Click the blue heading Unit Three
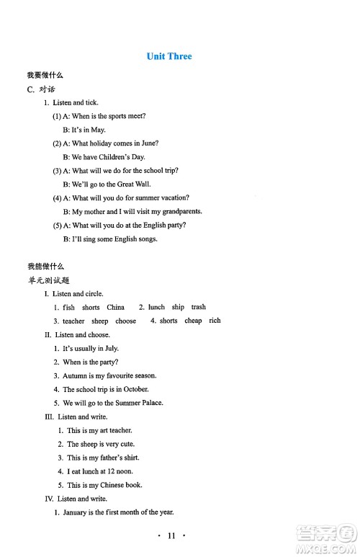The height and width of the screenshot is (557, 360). point(169,56)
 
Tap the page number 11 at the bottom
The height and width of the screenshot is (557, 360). point(171,535)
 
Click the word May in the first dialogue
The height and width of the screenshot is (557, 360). point(99,130)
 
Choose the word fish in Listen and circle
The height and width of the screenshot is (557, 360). point(69,308)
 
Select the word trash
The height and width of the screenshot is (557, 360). point(199,307)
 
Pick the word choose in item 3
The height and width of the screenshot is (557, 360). point(125,321)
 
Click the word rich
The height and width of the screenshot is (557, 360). point(215,321)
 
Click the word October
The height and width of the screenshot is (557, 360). point(135,389)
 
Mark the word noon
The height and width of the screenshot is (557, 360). point(124,471)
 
